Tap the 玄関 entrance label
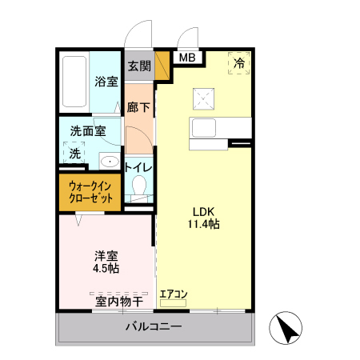pos(138,66)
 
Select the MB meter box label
pos(186,58)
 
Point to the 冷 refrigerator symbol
pos(239,62)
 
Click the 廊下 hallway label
pos(138,106)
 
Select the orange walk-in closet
pos(89,192)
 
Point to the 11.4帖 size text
pos(203,225)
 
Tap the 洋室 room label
pos(106,256)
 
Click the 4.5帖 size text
pos(106,269)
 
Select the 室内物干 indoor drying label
pos(118,301)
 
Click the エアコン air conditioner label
pos(173,294)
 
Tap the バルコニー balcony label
pos(154,328)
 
